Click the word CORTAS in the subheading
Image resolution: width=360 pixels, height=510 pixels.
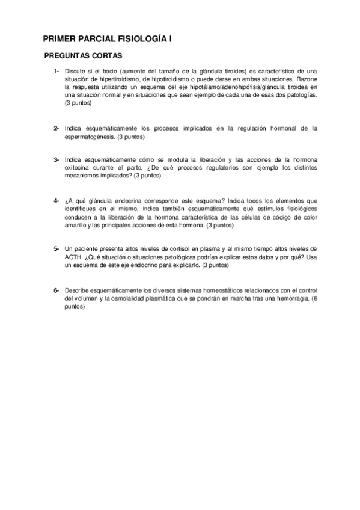tap(107, 56)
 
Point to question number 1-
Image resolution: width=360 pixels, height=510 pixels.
tap(56, 71)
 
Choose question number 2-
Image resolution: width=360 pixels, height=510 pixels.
tap(56, 128)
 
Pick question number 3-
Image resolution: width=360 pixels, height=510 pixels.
tap(56, 159)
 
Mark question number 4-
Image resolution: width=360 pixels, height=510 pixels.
tap(56, 200)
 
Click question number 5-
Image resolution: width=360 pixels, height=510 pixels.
tap(56, 248)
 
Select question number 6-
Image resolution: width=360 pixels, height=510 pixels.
tap(56, 290)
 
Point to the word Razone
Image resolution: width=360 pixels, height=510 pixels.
tap(306, 79)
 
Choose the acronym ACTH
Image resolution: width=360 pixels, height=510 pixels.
tap(74, 257)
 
